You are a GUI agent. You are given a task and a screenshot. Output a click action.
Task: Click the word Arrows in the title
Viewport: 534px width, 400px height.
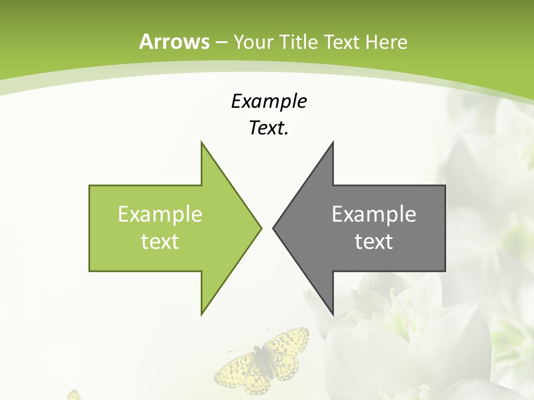174,42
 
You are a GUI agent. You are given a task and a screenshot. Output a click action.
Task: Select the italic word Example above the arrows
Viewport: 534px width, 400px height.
269,101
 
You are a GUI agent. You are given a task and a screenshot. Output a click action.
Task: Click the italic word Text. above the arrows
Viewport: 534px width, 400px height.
269,128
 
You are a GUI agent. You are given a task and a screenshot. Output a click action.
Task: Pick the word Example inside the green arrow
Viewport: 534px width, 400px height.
160,214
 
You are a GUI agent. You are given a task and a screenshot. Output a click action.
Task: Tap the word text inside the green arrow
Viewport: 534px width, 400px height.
160,241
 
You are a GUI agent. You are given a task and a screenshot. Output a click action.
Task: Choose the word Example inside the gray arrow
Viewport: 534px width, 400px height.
374,214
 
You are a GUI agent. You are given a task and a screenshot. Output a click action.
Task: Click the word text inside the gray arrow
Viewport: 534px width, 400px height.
374,241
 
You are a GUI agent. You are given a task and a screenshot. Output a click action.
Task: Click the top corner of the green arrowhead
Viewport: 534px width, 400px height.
202,143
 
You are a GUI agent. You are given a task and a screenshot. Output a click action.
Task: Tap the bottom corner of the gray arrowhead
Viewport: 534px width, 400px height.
333,314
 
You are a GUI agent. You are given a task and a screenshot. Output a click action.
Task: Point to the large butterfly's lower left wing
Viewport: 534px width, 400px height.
234,373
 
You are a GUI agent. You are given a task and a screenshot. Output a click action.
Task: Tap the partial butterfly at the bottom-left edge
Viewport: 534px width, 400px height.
73,396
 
